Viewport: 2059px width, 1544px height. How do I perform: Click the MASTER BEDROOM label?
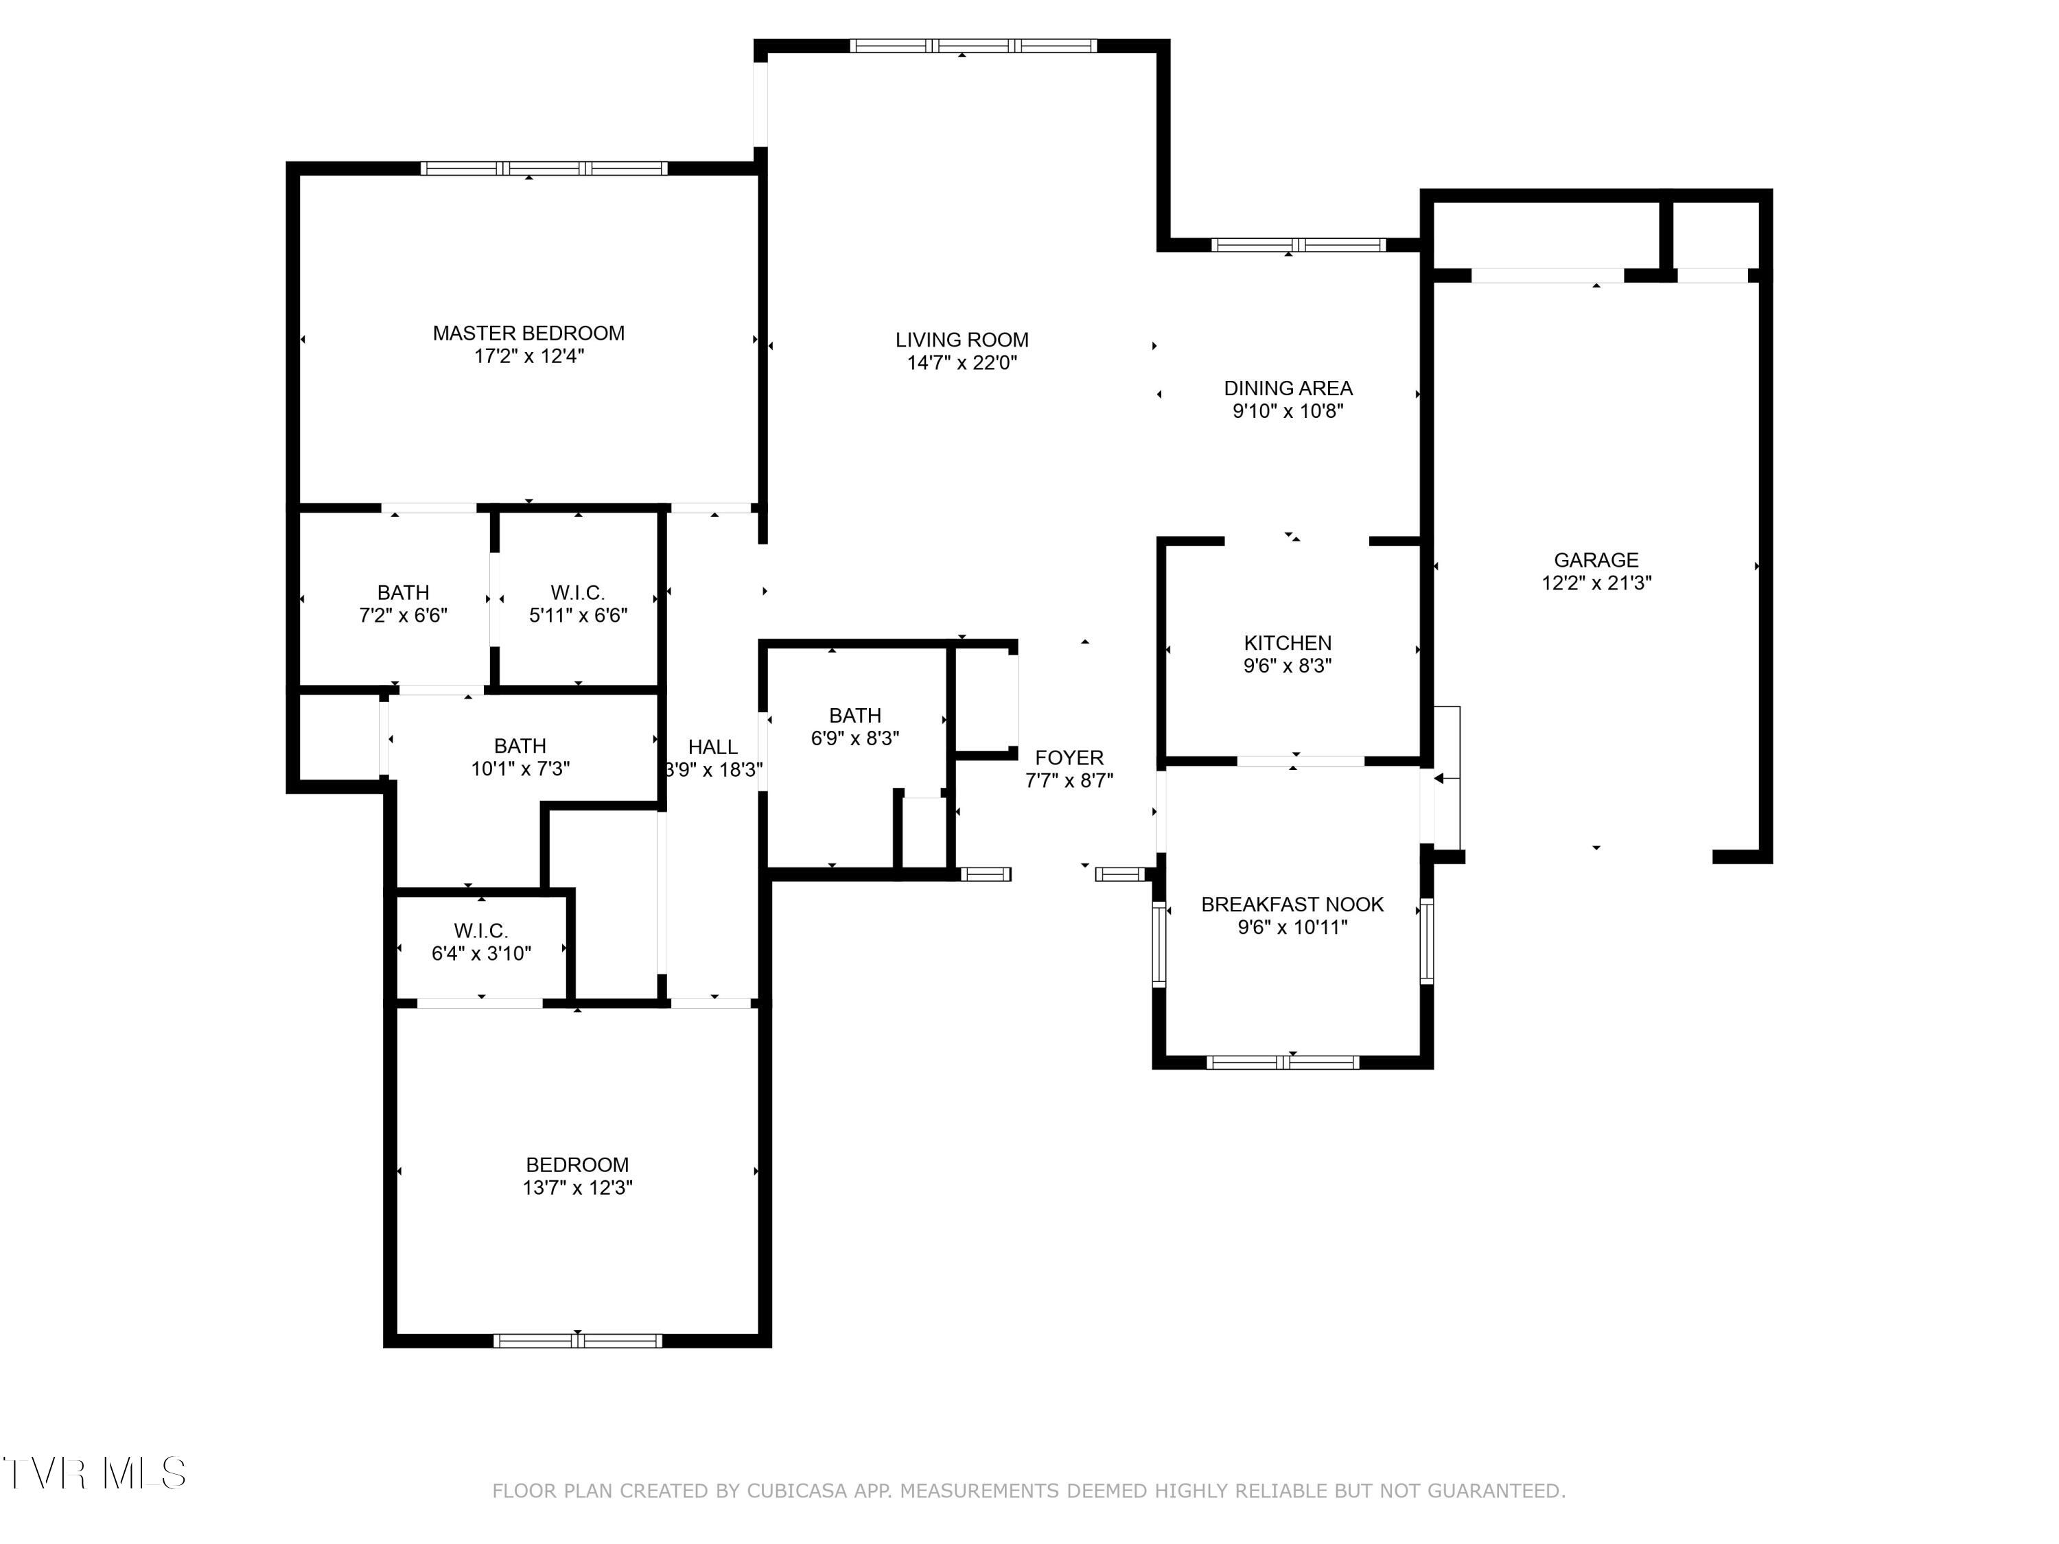(528, 334)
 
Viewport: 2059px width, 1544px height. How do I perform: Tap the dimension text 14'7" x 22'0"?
(962, 363)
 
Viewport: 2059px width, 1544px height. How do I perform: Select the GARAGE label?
(1596, 559)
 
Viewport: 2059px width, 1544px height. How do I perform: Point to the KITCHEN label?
(1288, 642)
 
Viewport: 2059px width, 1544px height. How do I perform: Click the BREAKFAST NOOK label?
(1292, 904)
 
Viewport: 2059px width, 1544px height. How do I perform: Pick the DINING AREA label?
(1288, 388)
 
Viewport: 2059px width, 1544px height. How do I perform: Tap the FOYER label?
(1069, 758)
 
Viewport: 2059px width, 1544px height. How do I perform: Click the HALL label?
(712, 747)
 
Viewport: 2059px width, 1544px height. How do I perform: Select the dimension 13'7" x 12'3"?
(577, 1188)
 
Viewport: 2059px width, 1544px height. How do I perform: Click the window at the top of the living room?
(973, 45)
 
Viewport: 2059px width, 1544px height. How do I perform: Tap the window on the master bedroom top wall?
(544, 168)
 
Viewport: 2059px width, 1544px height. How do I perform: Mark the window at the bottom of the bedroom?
(577, 1340)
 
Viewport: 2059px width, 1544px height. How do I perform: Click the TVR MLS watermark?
(94, 1473)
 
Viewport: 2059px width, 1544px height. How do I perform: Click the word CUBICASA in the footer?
(798, 1491)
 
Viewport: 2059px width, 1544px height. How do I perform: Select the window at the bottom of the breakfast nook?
(1283, 1062)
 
